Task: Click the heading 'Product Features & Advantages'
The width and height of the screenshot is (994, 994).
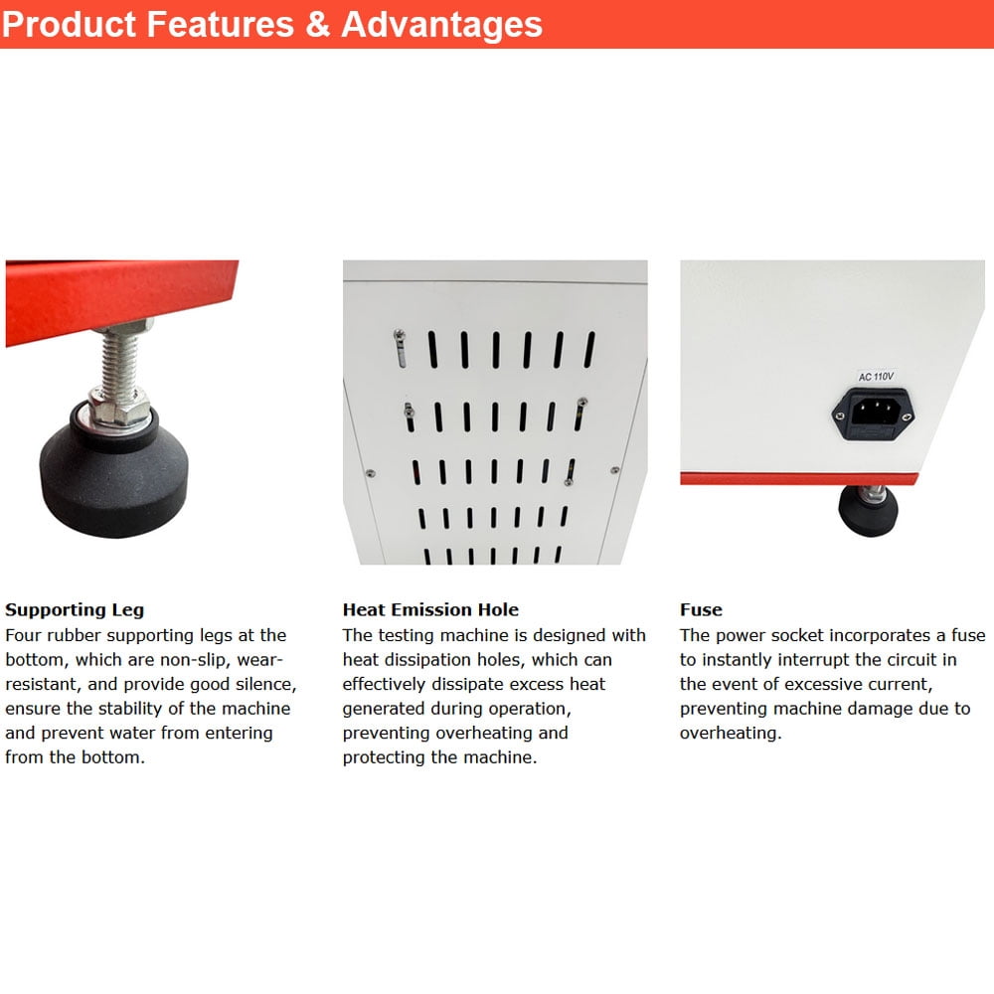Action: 272,24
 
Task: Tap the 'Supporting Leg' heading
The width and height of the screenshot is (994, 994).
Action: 75,610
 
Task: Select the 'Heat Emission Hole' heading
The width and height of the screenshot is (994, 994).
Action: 430,610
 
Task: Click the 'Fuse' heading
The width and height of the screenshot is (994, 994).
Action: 701,610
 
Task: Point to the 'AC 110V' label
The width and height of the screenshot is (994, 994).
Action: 876,377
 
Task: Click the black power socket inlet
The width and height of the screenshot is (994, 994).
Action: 874,413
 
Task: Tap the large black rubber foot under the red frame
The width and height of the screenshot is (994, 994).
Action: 114,475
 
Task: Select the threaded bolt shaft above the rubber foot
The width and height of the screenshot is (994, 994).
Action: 120,362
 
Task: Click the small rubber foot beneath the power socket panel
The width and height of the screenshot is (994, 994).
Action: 868,510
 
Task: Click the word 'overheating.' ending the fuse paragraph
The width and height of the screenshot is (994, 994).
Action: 731,734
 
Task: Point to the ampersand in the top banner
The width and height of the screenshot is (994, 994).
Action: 318,24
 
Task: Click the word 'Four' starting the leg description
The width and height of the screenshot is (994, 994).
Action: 24,635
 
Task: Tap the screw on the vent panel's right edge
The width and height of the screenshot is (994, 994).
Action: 614,470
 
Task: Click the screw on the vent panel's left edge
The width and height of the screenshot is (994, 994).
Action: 370,473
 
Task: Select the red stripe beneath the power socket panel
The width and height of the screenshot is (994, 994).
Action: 799,479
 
